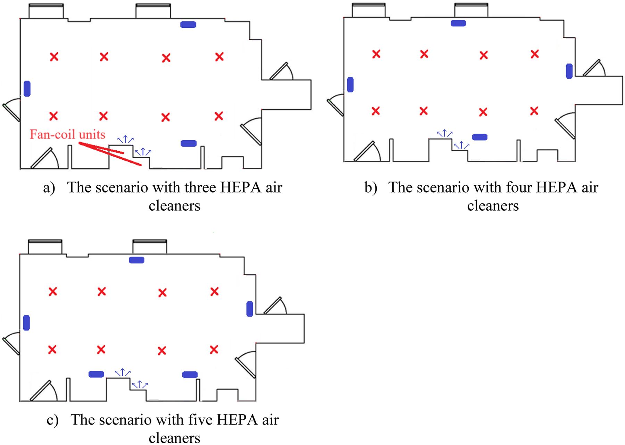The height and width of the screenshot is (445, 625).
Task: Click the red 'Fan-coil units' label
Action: (x=67, y=134)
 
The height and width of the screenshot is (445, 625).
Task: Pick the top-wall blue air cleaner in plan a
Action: (x=188, y=24)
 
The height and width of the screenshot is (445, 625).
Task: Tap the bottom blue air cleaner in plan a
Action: (x=189, y=143)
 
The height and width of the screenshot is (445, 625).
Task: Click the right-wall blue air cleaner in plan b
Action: (x=569, y=71)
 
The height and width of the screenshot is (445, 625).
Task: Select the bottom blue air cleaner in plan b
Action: (x=480, y=137)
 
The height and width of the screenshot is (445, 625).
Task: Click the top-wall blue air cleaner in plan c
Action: (x=136, y=260)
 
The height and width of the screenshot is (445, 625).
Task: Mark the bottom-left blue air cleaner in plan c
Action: (x=96, y=374)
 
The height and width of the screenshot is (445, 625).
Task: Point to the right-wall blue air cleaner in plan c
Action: (x=250, y=309)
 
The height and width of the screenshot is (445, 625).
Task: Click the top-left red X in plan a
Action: (x=54, y=57)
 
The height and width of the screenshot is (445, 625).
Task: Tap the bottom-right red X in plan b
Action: (x=534, y=111)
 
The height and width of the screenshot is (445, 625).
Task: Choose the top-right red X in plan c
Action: (x=215, y=292)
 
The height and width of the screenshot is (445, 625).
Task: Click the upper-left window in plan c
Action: (x=45, y=247)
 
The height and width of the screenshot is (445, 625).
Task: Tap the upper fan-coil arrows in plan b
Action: (x=444, y=133)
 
